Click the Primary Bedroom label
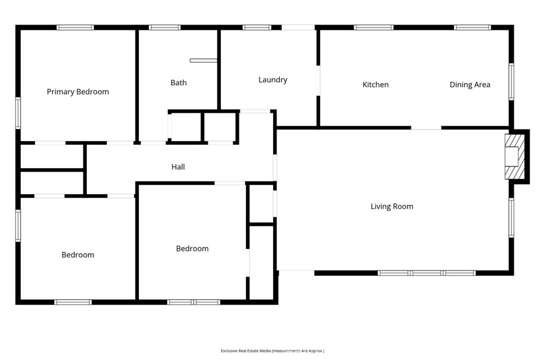point(78,92)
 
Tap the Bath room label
point(179,82)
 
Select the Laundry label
point(273,80)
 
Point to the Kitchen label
point(375,85)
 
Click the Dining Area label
point(470,85)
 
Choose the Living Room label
point(392,207)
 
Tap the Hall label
point(178,167)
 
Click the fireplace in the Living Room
point(515,156)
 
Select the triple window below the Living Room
point(426,273)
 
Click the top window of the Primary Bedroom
point(76,28)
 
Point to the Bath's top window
point(165,28)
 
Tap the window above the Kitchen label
point(374,28)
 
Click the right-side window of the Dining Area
point(511,82)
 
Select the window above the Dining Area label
point(473,28)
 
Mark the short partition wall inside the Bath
point(204,61)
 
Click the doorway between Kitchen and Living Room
point(426,128)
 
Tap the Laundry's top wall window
point(257,28)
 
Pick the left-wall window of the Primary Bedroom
point(18,113)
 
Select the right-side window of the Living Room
point(511,218)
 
